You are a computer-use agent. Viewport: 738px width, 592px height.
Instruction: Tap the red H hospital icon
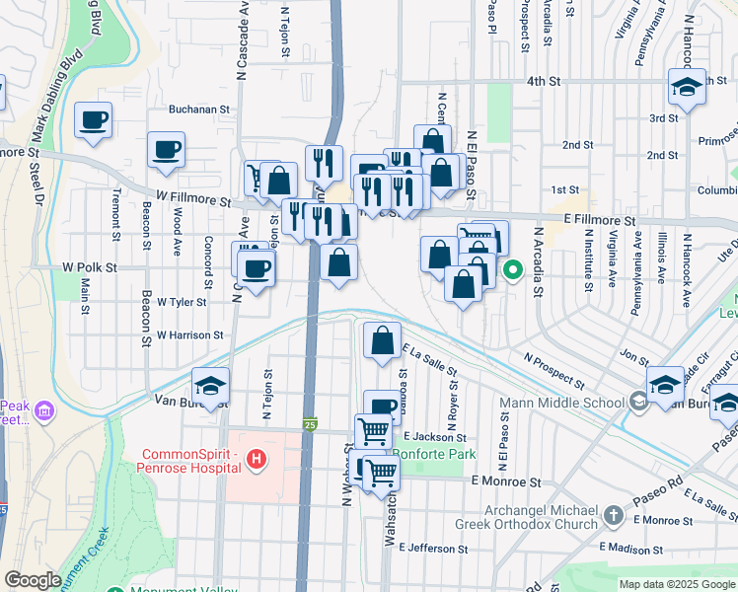(x=257, y=459)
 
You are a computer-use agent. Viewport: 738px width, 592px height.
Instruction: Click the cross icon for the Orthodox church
(x=614, y=515)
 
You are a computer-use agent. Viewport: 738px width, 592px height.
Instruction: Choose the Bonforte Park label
(x=434, y=455)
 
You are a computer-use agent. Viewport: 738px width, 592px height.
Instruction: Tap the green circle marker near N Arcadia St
(x=513, y=268)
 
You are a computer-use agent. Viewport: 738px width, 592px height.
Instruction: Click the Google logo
(x=33, y=579)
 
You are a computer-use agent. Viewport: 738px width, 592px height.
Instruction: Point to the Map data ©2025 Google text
(x=676, y=584)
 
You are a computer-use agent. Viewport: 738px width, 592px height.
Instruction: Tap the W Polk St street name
(x=89, y=267)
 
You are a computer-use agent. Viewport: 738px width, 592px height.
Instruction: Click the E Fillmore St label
(x=599, y=224)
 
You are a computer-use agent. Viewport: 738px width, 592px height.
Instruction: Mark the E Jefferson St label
(x=433, y=549)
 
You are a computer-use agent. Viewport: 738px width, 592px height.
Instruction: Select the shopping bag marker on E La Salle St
(x=382, y=341)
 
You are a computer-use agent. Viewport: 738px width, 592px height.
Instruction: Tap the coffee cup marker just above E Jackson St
(x=382, y=406)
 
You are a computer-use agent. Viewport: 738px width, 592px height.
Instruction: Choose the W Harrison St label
(x=189, y=335)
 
